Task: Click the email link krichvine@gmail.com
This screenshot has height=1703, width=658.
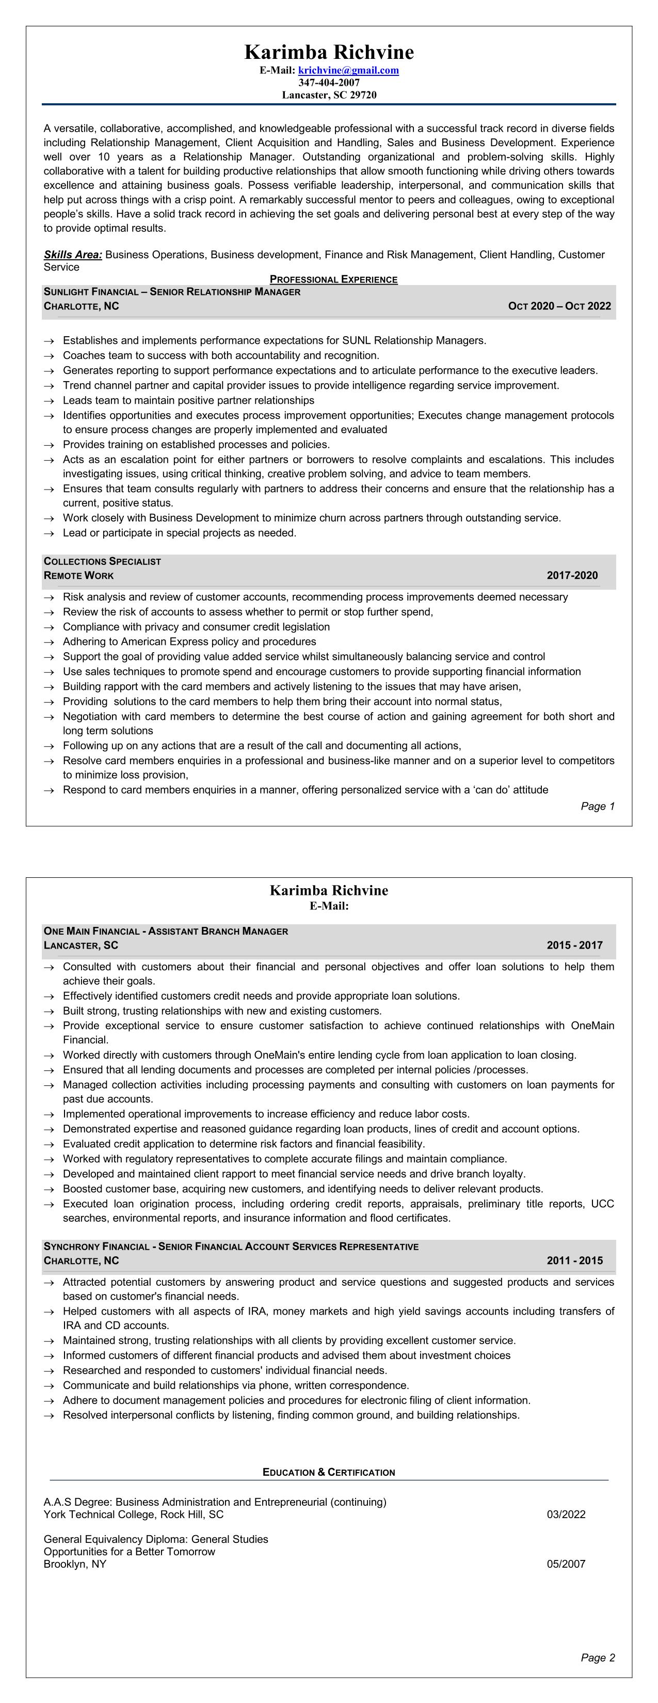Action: tap(348, 71)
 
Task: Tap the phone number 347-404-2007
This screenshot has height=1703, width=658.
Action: tap(329, 83)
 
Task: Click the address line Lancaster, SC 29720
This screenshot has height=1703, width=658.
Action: tap(329, 95)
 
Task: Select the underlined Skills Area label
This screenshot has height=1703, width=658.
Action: tap(73, 255)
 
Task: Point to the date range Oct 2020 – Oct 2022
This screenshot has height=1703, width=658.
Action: tap(559, 306)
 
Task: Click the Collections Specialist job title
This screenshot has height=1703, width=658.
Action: tap(102, 561)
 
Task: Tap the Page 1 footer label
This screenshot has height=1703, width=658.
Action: tap(597, 806)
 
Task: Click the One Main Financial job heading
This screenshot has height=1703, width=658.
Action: tap(166, 931)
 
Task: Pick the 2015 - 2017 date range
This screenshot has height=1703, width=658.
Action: tap(574, 945)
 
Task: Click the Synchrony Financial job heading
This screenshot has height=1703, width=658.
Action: tap(231, 1246)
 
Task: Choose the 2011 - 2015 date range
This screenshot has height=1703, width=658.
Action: tap(574, 1260)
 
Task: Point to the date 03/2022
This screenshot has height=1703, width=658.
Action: tap(566, 1515)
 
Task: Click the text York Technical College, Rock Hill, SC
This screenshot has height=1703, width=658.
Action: tap(134, 1515)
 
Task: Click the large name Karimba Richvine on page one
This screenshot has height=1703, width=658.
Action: tap(329, 52)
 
